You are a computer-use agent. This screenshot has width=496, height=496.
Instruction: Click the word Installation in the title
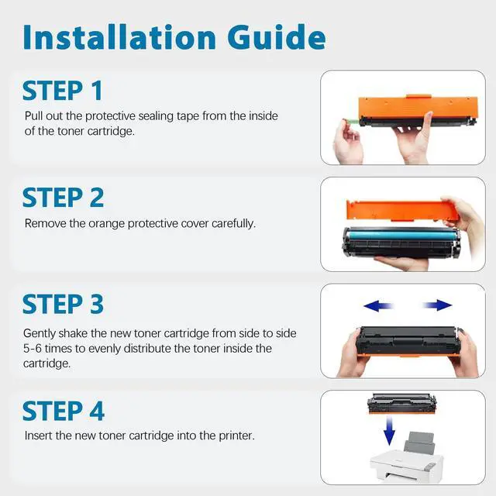119,37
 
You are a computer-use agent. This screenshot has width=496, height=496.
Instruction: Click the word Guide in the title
277,37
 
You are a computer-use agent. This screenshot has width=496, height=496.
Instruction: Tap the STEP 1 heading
62,91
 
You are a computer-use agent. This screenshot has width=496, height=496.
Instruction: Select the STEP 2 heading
63,197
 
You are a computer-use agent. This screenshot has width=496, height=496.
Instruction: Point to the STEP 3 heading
63,304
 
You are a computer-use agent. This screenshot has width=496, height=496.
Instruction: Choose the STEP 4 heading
64,411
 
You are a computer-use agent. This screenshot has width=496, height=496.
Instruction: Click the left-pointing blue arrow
378,305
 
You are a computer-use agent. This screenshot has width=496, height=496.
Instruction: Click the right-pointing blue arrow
437,305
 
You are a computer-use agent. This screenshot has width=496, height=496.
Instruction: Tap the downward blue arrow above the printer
389,431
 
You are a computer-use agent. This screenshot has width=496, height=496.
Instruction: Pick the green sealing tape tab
353,122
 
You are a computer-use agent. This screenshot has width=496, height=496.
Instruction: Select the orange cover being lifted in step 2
401,210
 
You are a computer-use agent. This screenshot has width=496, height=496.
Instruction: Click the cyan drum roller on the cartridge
401,236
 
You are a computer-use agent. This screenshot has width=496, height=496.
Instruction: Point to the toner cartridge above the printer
402,404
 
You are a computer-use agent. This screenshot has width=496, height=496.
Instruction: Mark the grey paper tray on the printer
419,443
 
